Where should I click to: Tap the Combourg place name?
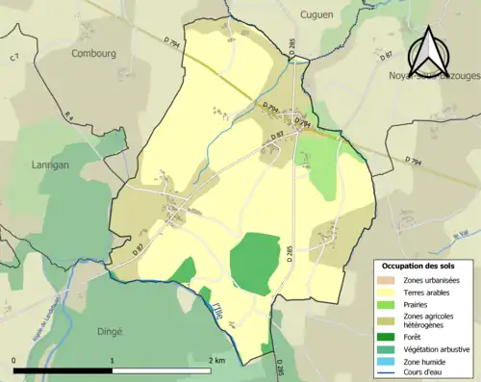[94, 54]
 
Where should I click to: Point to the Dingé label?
[109, 331]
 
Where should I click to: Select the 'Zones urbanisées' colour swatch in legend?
[388, 280]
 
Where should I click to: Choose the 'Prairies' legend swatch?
[388, 305]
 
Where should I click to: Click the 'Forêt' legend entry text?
[414, 337]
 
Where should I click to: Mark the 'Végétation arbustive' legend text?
[437, 348]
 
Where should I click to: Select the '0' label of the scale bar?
[14, 360]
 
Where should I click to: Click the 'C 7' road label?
[14, 60]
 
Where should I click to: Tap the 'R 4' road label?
[69, 115]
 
